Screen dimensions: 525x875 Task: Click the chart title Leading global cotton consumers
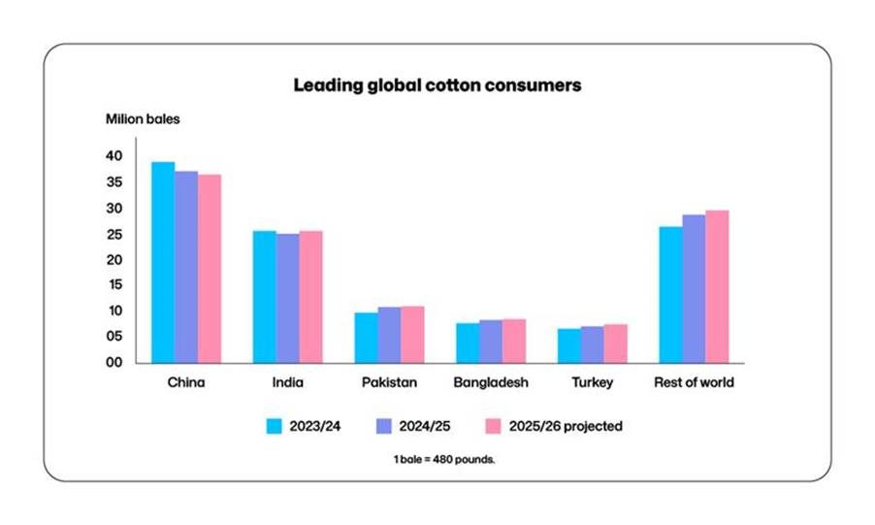pos(437,85)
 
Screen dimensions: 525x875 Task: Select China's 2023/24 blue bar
pos(163,262)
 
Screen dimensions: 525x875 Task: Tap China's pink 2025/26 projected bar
pos(210,269)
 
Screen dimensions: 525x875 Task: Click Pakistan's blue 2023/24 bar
pos(366,338)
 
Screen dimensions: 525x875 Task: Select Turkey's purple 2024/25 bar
pos(592,345)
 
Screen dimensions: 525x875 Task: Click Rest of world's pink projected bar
pos(717,286)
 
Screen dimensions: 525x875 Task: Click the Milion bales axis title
pos(143,119)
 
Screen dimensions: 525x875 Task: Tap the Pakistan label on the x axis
pos(388,382)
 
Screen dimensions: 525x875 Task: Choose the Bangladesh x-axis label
pos(491,382)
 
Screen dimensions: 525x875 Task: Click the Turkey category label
pos(592,382)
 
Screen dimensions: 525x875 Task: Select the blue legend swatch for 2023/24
pos(274,425)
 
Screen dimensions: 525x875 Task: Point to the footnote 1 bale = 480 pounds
pos(437,458)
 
